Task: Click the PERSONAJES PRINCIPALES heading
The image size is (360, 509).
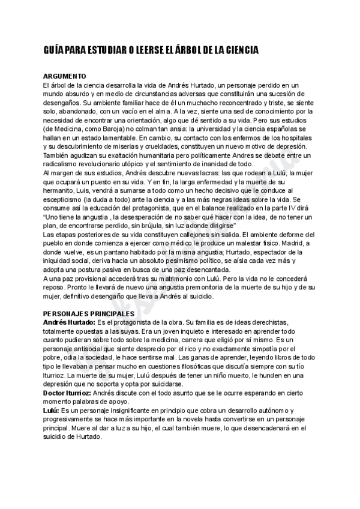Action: click(88, 313)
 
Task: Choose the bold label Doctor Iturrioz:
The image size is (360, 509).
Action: click(71, 393)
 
